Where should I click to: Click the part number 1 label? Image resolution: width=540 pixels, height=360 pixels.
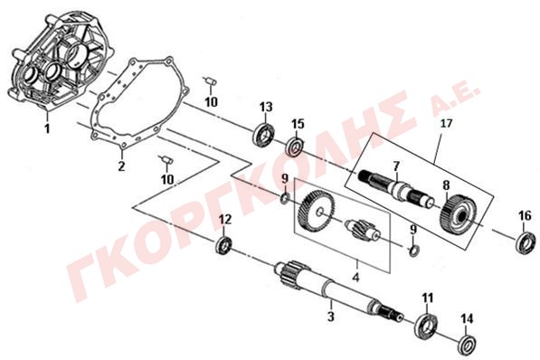tap(47, 128)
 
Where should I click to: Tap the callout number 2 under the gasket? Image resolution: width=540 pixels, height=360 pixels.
tap(121, 166)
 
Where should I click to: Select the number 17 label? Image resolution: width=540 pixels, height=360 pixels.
tap(446, 123)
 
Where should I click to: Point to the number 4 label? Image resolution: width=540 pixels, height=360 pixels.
tap(356, 277)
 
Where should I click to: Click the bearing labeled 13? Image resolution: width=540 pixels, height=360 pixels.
tap(265, 135)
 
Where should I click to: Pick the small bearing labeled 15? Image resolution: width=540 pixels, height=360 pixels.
tap(295, 147)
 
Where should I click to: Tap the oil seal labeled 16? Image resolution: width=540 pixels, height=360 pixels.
tap(526, 243)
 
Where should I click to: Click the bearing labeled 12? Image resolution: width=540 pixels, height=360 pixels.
tap(224, 245)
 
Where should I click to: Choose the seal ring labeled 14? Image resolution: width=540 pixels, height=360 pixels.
tap(467, 345)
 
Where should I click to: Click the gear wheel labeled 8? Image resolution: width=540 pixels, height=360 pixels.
tap(459, 214)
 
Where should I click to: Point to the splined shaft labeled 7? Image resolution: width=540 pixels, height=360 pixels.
tap(397, 188)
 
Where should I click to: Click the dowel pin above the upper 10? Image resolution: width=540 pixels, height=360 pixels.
tap(210, 81)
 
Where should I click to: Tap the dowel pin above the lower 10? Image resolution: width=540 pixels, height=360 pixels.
tap(167, 159)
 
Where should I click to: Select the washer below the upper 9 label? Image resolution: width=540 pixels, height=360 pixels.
tap(284, 199)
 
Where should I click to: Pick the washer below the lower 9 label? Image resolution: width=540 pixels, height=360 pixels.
tap(414, 251)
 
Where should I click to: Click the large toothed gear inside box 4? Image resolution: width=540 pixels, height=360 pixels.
tap(316, 211)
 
